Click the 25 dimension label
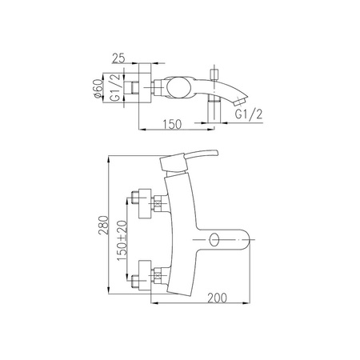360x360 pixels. coord(118,58)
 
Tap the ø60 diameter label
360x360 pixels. coord(98,89)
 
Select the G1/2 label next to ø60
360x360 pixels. coord(115,88)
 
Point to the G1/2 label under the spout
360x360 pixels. coord(249,114)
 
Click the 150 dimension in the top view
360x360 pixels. coord(172,124)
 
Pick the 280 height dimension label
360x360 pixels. coord(103,225)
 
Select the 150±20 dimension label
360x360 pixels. coord(122,241)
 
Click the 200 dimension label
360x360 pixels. coord(218,298)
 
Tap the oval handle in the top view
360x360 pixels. coord(179,87)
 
